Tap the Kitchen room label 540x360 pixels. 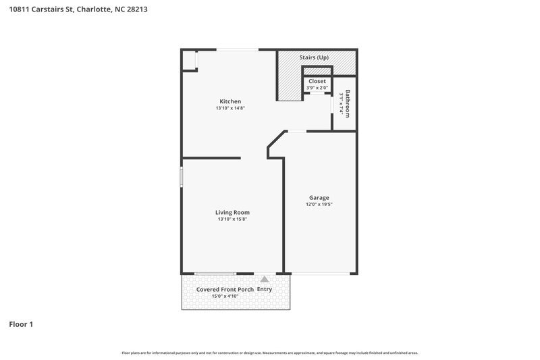pos(230,101)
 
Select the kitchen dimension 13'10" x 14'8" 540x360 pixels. pos(230,108)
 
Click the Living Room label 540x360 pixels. pos(233,212)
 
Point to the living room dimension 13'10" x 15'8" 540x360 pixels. pos(233,219)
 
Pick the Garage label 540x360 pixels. pos(319,197)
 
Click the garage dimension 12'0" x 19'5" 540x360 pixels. pos(319,204)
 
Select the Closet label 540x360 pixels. pos(317,81)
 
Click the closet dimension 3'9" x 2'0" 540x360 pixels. pos(317,88)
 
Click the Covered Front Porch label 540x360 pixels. pos(225,289)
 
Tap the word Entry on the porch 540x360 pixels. pos(265,289)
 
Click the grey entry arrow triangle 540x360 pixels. pos(265,278)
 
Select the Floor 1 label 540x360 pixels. pos(21,324)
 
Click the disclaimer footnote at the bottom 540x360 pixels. pos(270,353)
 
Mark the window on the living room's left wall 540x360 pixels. pos(181,177)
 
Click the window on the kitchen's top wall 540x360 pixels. pos(236,49)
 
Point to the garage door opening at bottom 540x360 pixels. pos(320,273)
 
